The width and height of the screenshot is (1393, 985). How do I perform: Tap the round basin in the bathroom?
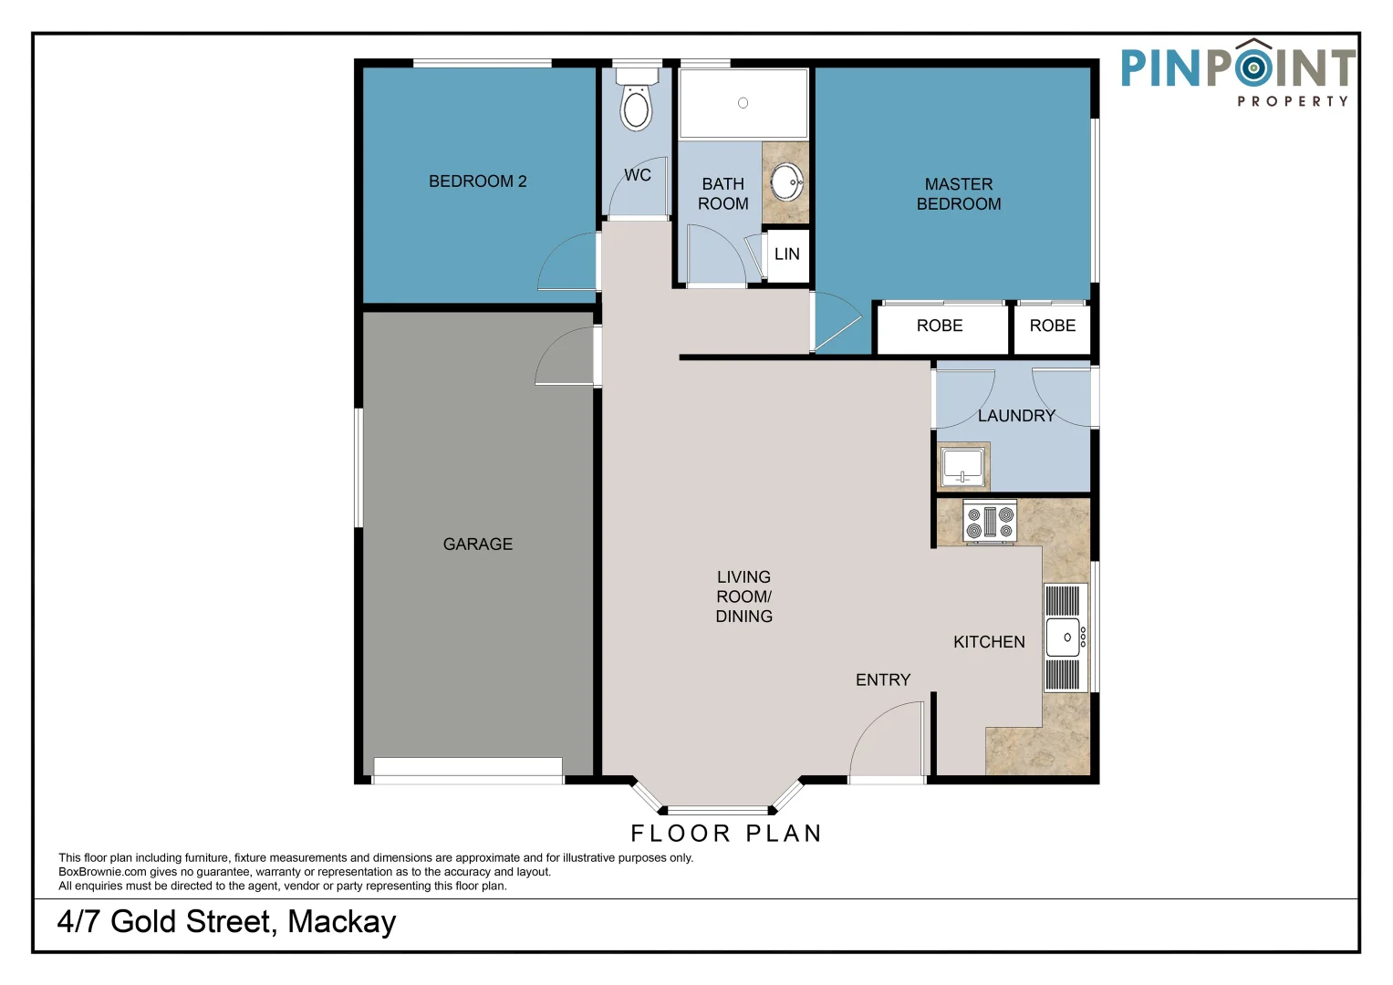786,181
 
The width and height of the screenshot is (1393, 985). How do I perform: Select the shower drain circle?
743,103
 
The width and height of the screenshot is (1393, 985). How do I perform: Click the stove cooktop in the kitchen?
990,522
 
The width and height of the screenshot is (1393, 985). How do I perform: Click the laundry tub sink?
962,467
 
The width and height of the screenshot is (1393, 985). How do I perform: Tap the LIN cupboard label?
786,254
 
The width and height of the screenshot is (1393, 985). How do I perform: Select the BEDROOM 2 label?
477,181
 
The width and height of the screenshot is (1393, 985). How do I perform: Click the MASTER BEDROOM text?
958,194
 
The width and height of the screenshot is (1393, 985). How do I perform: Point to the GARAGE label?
477,544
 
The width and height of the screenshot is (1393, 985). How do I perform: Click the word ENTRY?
882,680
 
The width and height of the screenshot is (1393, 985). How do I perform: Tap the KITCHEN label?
989,642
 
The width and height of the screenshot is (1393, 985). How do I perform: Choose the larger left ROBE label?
939,326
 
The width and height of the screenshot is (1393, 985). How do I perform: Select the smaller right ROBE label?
1052,326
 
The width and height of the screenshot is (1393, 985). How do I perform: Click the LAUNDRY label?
1015,416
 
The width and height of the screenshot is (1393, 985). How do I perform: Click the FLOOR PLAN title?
726,834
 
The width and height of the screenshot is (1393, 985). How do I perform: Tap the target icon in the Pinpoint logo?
1254,67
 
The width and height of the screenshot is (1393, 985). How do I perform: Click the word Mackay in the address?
341,922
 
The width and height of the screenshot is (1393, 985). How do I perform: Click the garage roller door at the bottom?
468,771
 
